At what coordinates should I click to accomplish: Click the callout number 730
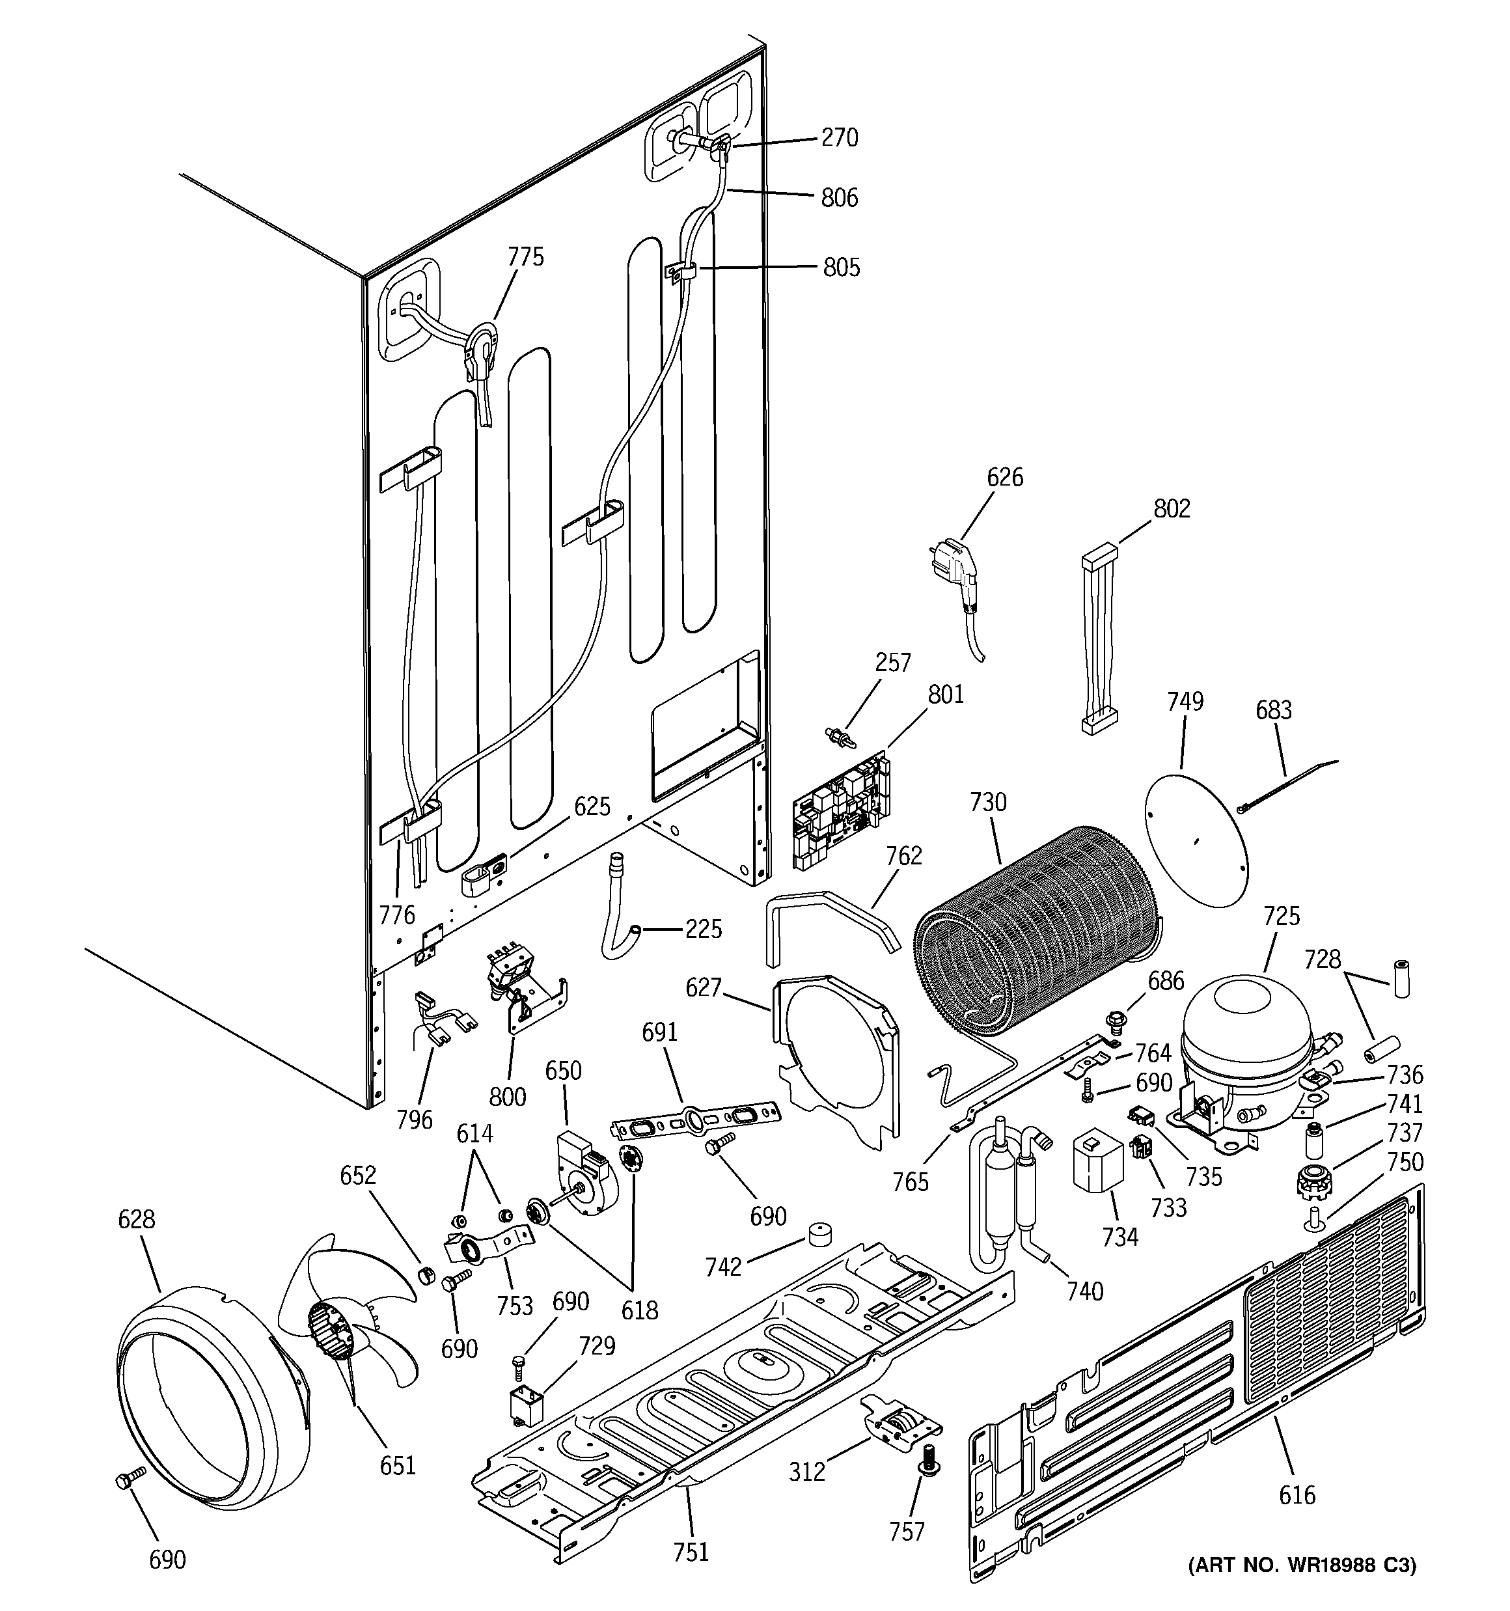point(987,803)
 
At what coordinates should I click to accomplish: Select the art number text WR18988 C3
point(1302,1588)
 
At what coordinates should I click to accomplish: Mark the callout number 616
point(1297,1494)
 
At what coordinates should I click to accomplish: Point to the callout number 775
point(525,257)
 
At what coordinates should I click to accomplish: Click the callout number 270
point(839,138)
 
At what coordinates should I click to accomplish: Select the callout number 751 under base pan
point(691,1551)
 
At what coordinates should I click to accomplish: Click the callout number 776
point(396,915)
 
